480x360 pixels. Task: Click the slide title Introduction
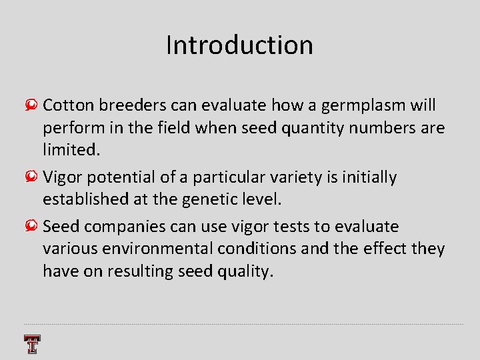tap(239, 45)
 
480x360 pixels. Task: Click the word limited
tap(71, 150)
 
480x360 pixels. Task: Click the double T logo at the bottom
tap(32, 344)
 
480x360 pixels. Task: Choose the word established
tap(86, 199)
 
